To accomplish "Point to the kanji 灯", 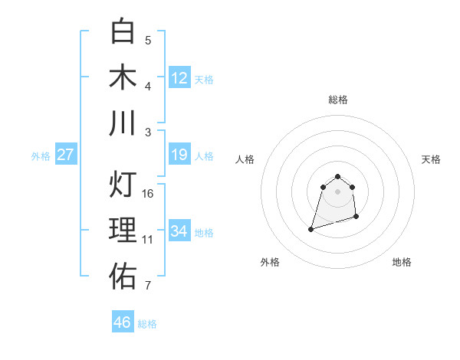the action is coord(123,184).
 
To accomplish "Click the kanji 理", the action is coord(123,230).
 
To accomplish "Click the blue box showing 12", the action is coord(179,78).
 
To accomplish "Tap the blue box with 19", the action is coord(179,155).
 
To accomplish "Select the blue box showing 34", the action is coord(179,231).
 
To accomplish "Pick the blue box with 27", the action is coord(66,155).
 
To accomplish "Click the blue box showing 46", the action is coord(123,322).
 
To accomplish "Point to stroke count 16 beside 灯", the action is coord(148,194).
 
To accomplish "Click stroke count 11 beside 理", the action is coord(148,240).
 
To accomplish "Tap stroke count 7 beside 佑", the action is coord(148,286).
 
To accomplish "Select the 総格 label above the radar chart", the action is coord(338,100).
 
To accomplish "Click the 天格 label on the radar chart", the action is coord(431,159).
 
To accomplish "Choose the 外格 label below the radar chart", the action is coord(270,262).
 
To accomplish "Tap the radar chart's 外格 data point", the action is coord(311,228).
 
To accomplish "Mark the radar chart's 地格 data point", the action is coord(358,218).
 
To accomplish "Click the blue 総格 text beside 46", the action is coord(147,324).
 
